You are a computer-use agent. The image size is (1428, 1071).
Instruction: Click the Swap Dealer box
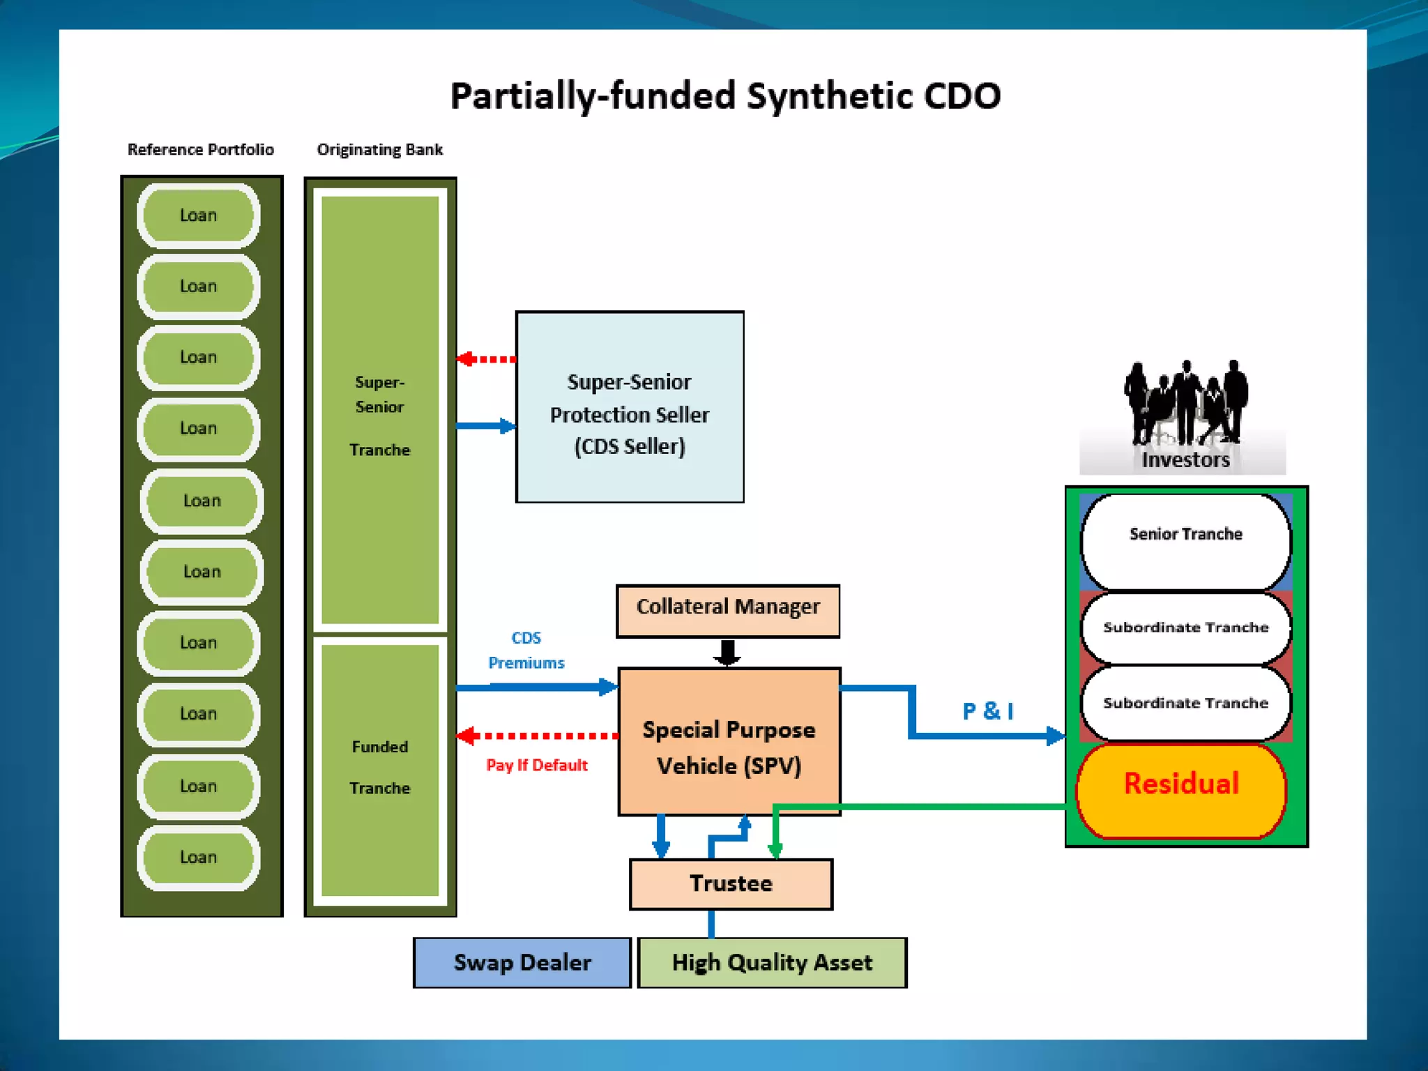pos(522,963)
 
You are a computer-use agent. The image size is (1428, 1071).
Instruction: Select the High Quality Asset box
pos(772,963)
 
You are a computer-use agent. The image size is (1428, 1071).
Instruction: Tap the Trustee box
pos(731,884)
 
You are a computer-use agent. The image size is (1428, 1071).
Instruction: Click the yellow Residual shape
pos(1181,789)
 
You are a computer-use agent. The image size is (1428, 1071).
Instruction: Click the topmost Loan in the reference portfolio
pos(199,215)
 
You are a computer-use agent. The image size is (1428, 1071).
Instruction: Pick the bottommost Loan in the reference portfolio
pos(199,858)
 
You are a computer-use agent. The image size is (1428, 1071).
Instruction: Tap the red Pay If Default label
pos(537,765)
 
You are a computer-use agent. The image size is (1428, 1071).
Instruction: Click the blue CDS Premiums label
pos(526,650)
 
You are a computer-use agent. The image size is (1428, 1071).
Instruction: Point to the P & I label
pos(988,711)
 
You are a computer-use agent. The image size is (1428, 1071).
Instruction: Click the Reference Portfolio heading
pos(201,150)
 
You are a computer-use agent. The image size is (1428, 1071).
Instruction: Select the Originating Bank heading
pos(380,150)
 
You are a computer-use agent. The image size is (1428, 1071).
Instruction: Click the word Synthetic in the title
pos(829,96)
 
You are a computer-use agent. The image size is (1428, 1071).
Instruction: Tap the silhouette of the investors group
pos(1185,404)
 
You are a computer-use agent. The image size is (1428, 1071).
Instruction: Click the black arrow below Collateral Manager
pos(727,652)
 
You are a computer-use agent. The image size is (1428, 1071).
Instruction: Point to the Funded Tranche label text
pos(380,767)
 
